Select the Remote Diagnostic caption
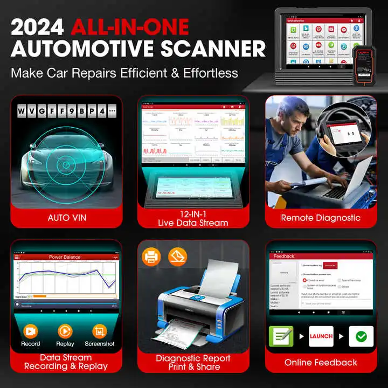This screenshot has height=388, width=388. click(320, 218)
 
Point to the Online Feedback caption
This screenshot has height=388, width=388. click(320, 362)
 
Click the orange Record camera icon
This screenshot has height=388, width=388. click(31, 330)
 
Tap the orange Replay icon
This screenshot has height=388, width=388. click(65, 330)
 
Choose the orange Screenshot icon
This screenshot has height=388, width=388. click(100, 330)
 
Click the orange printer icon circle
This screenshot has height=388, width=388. click(151, 257)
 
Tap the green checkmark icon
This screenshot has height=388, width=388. click(361, 336)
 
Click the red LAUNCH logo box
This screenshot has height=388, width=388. click(321, 336)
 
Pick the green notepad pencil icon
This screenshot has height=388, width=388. click(281, 336)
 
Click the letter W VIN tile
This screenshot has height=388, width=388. click(22, 111)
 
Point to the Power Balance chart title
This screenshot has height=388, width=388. click(64, 257)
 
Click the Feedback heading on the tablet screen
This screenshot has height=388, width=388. click(284, 257)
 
